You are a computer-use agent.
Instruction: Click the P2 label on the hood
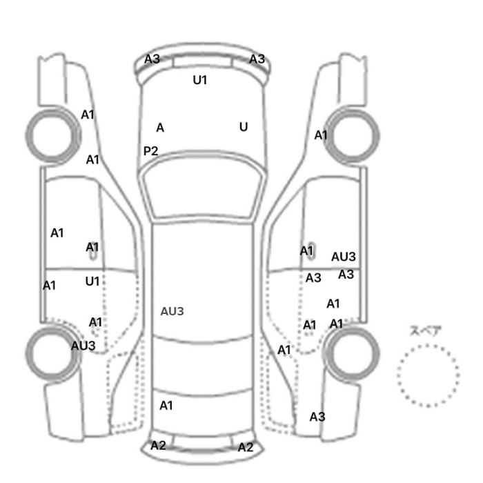[x=150, y=151]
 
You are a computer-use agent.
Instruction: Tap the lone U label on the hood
[x=244, y=127]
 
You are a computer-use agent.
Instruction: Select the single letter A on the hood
[x=160, y=128]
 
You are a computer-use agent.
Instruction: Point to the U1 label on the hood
[x=200, y=80]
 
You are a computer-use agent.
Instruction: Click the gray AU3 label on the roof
[x=172, y=311]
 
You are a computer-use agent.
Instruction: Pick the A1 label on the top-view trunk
[x=166, y=406]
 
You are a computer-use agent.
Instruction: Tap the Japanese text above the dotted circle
[x=422, y=331]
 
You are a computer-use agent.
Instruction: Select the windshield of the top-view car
[x=201, y=185]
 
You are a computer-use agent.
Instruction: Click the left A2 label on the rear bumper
[x=158, y=446]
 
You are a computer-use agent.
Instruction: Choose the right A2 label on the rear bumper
[x=246, y=447]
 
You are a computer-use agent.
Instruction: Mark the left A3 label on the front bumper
[x=152, y=59]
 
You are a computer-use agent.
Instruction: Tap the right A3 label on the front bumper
[x=257, y=59]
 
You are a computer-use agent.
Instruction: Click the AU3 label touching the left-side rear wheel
[x=83, y=346]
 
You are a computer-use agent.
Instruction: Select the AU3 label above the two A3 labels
[x=344, y=257]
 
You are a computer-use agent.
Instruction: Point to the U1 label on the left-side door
[x=92, y=282]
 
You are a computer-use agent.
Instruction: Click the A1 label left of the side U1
[x=49, y=286]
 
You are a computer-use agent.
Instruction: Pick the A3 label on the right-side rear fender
[x=317, y=417]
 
